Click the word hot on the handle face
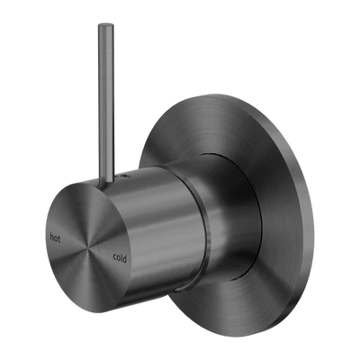pyautogui.click(x=55, y=238)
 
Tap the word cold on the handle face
pyautogui.click(x=120, y=257)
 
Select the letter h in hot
pyautogui.click(x=52, y=238)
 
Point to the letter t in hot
pyautogui.click(x=59, y=238)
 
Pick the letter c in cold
pyautogui.click(x=114, y=257)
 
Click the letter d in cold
pyautogui.click(x=124, y=258)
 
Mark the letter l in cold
pyautogui.click(x=121, y=257)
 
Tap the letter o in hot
pyautogui.click(x=56, y=239)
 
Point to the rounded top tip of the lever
pyautogui.click(x=106, y=24)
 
